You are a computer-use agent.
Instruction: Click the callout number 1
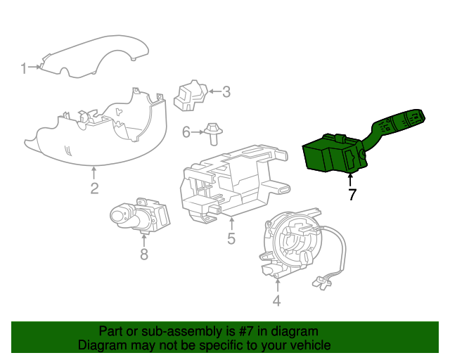(24, 68)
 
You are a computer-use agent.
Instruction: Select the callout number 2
(95, 188)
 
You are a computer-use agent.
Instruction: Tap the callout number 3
(226, 91)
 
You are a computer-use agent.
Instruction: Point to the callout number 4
(276, 300)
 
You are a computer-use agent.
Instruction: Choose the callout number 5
(231, 238)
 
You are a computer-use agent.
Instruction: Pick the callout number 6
(186, 132)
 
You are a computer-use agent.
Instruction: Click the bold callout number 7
(352, 194)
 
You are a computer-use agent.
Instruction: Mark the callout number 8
(144, 254)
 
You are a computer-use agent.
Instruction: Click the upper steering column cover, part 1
(95, 56)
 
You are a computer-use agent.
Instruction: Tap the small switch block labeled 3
(191, 96)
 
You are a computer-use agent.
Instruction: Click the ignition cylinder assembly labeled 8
(140, 216)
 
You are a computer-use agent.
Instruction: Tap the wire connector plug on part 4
(321, 282)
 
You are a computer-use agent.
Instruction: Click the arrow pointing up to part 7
(350, 179)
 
